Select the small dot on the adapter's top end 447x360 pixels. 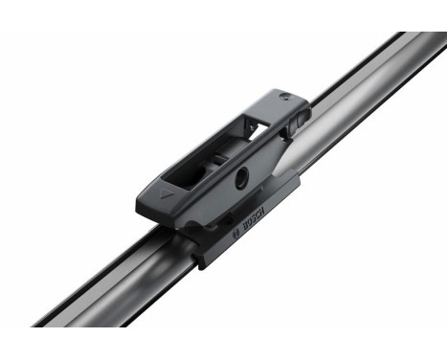click(x=283, y=97)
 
